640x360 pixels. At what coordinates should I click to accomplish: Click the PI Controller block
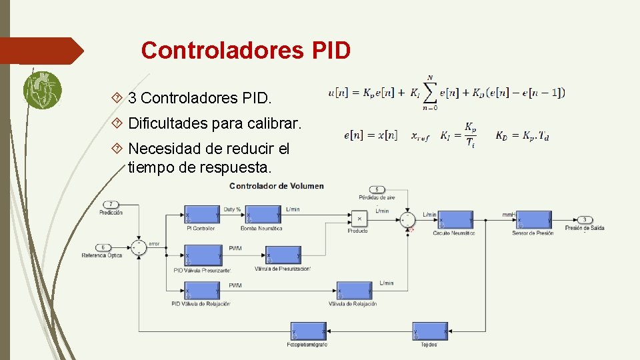point(202,216)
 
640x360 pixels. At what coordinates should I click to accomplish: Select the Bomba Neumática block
point(262,216)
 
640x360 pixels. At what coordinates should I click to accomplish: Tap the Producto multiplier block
point(359,218)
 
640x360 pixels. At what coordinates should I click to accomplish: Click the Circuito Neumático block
point(454,220)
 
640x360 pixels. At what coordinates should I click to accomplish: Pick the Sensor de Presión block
point(534,220)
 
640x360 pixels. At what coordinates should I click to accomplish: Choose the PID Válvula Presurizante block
point(202,256)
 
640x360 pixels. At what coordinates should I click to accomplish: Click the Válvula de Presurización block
point(283,256)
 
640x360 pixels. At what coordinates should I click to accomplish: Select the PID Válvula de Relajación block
point(202,291)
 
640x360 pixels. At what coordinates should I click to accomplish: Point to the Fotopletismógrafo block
point(308,331)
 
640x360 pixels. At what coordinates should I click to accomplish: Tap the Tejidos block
point(429,331)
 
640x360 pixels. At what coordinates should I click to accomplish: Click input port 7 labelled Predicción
point(111,204)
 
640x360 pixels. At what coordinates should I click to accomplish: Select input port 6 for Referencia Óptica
point(103,247)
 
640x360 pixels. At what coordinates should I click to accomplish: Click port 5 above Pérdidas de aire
point(377,189)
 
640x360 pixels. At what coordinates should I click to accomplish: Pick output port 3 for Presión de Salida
point(585,219)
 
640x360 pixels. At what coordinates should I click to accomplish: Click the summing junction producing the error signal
point(139,247)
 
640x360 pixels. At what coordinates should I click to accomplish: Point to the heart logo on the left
point(42,90)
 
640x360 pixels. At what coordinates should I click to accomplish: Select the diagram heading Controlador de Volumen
point(276,186)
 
